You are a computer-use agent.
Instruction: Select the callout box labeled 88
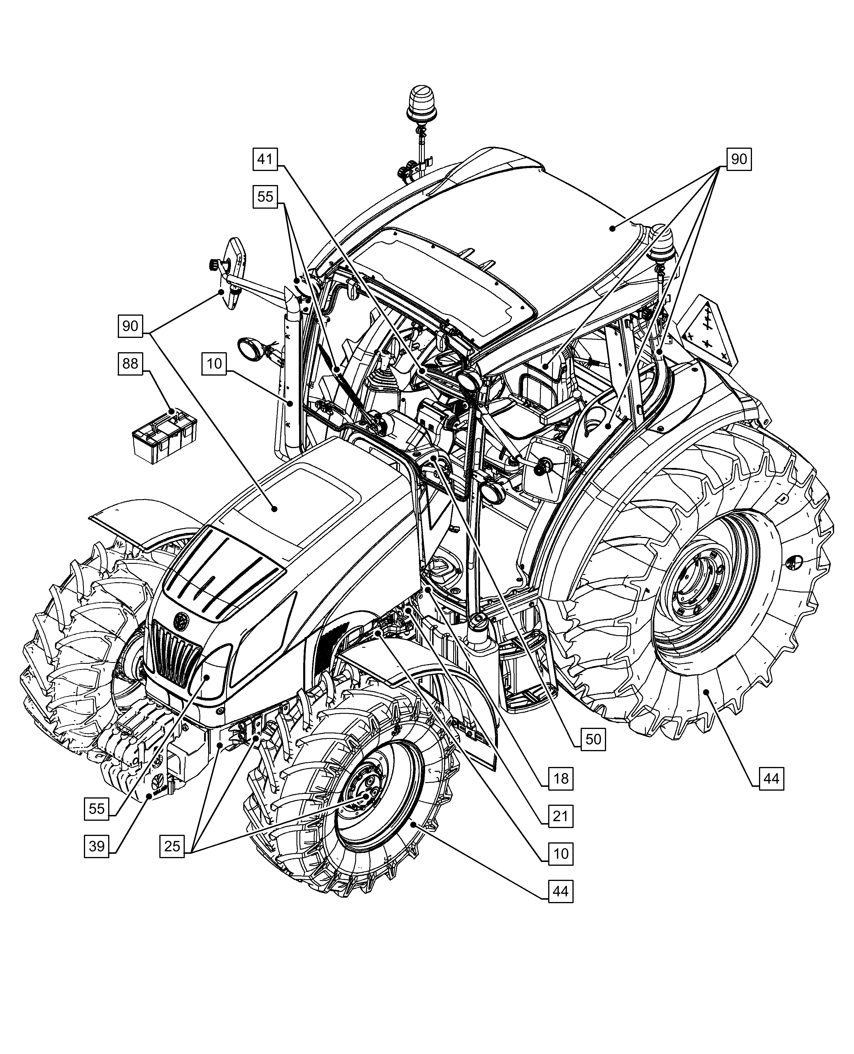(x=130, y=364)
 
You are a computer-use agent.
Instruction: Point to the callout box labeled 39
(x=96, y=846)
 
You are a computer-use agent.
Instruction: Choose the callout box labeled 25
(x=172, y=846)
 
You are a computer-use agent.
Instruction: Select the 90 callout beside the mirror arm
(x=130, y=326)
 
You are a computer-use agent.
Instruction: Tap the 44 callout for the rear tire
(x=771, y=779)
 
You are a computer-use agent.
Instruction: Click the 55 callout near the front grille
(x=96, y=808)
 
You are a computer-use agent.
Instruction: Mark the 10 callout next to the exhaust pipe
(x=214, y=364)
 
